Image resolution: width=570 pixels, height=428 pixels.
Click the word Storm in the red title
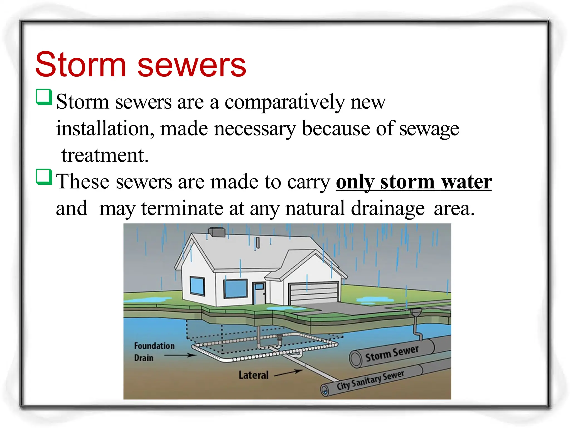(81, 65)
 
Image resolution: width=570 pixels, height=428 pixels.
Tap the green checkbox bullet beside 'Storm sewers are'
(44, 97)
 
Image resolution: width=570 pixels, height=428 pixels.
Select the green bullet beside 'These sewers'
(44, 177)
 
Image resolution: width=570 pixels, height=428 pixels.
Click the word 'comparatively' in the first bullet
(284, 103)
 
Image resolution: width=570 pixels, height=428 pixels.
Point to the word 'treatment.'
(105, 155)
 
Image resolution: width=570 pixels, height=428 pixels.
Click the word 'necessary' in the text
(255, 129)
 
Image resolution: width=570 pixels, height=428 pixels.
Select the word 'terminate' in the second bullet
(182, 208)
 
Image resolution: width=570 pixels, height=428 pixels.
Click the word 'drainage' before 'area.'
(388, 208)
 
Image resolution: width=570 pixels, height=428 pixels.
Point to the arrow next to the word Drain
(180, 355)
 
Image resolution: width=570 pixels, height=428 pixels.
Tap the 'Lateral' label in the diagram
(254, 375)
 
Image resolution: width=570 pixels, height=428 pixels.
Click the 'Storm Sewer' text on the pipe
(392, 353)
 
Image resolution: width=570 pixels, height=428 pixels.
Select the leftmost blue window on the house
(197, 286)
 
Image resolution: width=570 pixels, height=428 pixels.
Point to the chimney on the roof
(217, 232)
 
